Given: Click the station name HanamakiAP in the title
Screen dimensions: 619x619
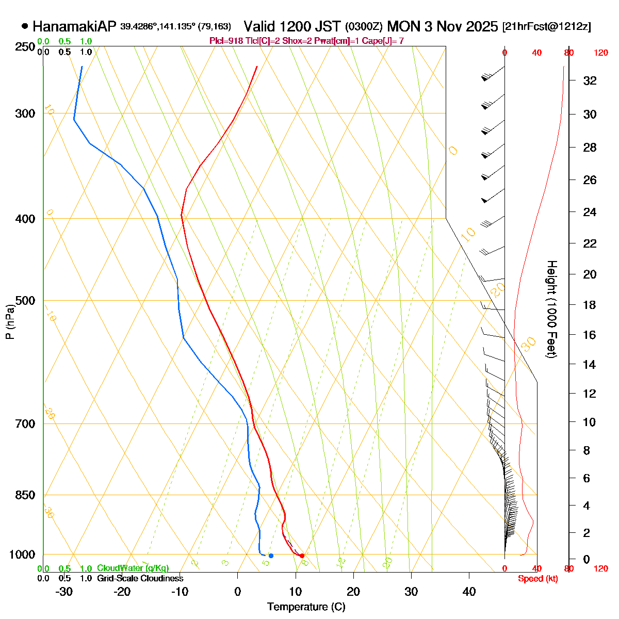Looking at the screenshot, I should [x=75, y=26].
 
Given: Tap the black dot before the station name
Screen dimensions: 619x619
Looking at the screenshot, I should [x=25, y=26].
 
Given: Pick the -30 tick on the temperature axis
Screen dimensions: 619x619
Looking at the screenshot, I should [x=64, y=592].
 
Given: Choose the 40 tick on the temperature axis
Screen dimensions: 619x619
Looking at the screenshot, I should [x=469, y=592].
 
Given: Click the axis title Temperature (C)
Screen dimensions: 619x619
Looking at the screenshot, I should [x=306, y=607].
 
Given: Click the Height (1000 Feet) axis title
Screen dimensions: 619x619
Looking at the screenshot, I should [x=551, y=309].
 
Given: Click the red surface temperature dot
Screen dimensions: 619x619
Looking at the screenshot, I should [x=302, y=556].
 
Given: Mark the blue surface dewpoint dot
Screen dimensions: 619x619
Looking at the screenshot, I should [x=271, y=556].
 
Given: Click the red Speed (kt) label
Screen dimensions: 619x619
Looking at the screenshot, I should [x=538, y=579].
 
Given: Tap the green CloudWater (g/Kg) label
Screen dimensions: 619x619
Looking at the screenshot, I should [x=133, y=568].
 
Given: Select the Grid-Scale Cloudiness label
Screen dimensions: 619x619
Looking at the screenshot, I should [x=140, y=579].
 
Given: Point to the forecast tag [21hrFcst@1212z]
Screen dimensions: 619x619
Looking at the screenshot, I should [x=547, y=27].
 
